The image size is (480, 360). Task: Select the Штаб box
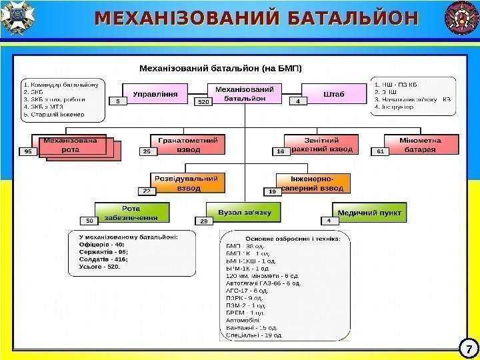(334, 94)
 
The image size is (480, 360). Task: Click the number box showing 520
(203, 103)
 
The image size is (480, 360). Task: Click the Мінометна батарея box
(420, 145)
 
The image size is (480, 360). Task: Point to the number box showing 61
(380, 152)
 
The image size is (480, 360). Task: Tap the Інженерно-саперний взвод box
(313, 183)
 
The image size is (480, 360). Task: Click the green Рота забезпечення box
(131, 213)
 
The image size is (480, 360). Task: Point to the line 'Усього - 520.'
(99, 267)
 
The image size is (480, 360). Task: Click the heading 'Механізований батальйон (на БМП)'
(220, 68)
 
